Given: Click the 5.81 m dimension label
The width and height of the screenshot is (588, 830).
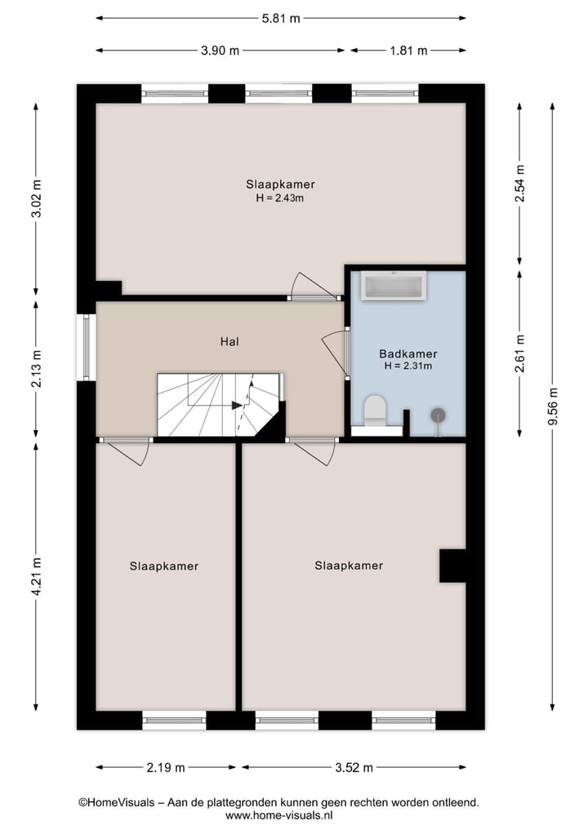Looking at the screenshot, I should click(280, 17).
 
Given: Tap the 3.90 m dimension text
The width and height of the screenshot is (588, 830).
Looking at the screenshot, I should click(220, 51).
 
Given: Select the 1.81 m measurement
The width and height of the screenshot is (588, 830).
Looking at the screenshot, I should click(408, 51).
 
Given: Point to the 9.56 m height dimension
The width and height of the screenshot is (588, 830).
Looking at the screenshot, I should click(553, 406).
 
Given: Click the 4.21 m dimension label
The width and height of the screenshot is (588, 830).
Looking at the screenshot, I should click(36, 576).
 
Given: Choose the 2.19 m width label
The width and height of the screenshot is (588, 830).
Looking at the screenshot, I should click(166, 767).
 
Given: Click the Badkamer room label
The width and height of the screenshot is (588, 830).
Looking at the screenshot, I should click(408, 354).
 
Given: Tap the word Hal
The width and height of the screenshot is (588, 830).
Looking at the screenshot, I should click(229, 342).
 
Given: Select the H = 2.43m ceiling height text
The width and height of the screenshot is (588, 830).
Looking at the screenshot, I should click(280, 198).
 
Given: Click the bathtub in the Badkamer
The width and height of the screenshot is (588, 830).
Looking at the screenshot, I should click(394, 286).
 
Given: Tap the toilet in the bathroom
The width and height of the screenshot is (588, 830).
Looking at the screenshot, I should click(375, 411).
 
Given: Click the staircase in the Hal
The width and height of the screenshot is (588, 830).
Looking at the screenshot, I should click(219, 404).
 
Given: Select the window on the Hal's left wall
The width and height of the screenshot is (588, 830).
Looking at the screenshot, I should click(86, 348).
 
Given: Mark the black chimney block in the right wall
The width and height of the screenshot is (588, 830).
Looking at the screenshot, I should click(452, 566).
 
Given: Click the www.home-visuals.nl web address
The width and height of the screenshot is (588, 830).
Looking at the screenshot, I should click(278, 815).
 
